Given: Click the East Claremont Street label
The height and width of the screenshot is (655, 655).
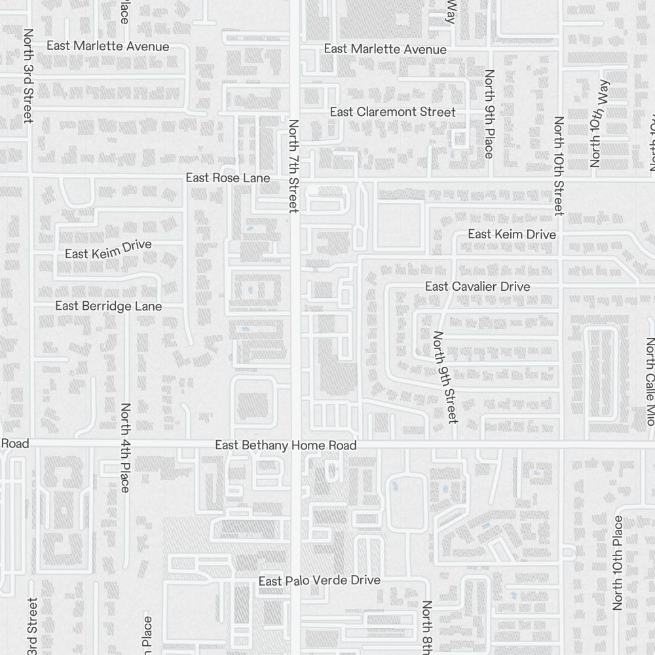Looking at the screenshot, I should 392,112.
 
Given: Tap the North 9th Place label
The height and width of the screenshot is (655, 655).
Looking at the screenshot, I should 489,114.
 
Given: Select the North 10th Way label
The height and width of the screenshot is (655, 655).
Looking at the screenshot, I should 599,124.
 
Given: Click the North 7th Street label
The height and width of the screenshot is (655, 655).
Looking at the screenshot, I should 293,166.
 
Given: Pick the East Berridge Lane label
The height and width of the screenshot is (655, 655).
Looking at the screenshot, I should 108,306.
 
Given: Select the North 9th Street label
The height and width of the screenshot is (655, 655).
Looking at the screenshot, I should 445,377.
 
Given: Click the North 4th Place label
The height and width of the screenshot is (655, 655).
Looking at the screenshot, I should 125,447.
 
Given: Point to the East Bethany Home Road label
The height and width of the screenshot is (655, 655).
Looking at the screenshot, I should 286,445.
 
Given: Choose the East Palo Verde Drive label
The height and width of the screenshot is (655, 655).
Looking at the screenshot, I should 319,581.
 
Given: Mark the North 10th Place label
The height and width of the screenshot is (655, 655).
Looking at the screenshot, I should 618,563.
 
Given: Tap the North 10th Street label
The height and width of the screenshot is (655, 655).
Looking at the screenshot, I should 558,166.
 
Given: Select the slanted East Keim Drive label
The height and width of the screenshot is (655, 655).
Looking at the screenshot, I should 108,250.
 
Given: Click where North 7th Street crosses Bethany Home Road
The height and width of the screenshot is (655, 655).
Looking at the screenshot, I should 295,445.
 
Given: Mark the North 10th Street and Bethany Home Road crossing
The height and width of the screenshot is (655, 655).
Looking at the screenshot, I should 561,445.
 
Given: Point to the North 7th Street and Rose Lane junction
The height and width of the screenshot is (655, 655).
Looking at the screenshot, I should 295,178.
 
